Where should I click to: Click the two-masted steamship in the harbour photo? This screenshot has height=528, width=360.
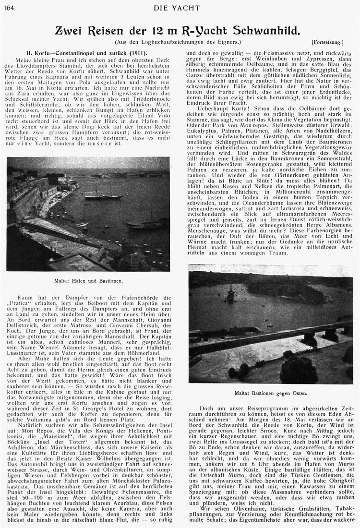click(x=102, y=194)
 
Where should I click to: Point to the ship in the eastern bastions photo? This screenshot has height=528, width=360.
click(x=230, y=294)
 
